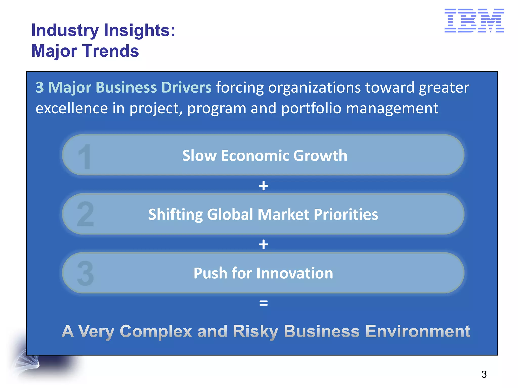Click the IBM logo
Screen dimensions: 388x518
[x=474, y=20]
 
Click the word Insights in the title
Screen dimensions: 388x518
[x=139, y=30]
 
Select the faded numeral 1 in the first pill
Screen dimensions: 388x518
[x=84, y=156]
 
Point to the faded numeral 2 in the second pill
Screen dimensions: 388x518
[x=85, y=214]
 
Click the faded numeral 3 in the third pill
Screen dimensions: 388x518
[x=85, y=274]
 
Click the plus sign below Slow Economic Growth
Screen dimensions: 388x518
[x=263, y=186]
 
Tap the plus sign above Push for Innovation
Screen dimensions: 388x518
[x=263, y=245]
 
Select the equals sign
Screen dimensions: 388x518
[x=263, y=303]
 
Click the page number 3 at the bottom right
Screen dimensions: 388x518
[x=484, y=374]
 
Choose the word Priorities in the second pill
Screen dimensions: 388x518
[x=346, y=214]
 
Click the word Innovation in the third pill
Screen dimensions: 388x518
[x=295, y=273]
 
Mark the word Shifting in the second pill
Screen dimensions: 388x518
[x=175, y=214]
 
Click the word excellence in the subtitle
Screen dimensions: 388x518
[x=72, y=109]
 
